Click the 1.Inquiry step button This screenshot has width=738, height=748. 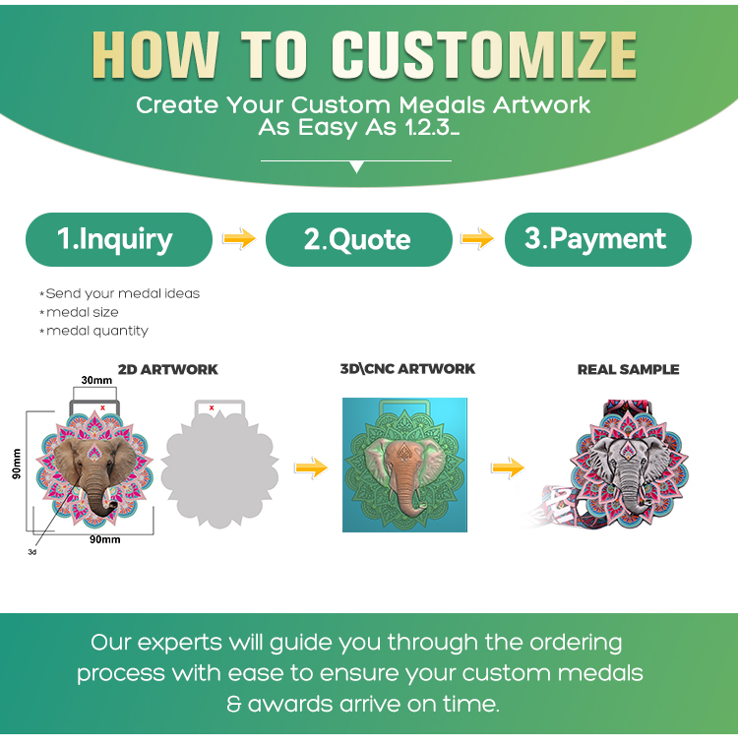coord(119,239)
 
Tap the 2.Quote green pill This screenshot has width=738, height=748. coord(359,239)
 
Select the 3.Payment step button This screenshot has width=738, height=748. coord(597,239)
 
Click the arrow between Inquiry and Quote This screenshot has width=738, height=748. coord(239,238)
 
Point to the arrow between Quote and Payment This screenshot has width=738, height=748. coord(477,238)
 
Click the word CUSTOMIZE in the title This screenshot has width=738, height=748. coord(484,54)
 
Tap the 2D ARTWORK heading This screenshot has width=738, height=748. coord(168,370)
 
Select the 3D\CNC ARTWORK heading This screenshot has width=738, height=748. coord(407,369)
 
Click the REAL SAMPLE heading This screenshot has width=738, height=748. coord(628,370)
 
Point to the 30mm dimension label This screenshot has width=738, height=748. coord(96,380)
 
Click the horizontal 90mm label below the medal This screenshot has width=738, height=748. coord(105,539)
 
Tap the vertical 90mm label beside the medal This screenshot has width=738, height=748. coord(17,464)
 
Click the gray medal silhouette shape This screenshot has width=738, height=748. coord(219,466)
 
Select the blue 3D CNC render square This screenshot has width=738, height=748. coord(404,466)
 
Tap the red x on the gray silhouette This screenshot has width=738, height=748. coord(212,407)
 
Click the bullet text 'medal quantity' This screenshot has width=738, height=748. coord(97,331)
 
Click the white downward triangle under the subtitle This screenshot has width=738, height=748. coord(356,167)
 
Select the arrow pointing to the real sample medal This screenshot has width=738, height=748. coord(508,467)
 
